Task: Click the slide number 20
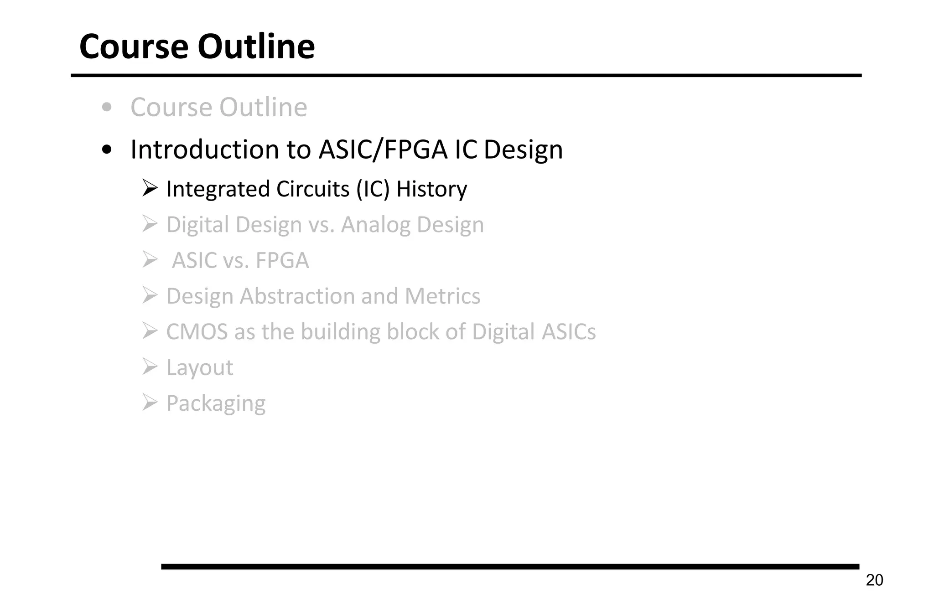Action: [x=874, y=580]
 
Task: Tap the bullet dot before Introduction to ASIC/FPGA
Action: [x=107, y=150]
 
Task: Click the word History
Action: [x=431, y=189]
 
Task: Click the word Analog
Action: [x=375, y=225]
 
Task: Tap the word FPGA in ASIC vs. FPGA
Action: [x=282, y=261]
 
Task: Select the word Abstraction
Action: [x=297, y=296]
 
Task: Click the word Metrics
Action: [x=442, y=296]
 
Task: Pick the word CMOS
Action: [x=197, y=332]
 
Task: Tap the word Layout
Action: [x=200, y=368]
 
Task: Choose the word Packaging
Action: [x=216, y=403]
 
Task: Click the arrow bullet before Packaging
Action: [x=150, y=402]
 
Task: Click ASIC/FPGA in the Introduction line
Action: [x=383, y=150]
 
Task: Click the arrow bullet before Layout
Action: [x=150, y=366]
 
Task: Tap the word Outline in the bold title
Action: [x=256, y=46]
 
